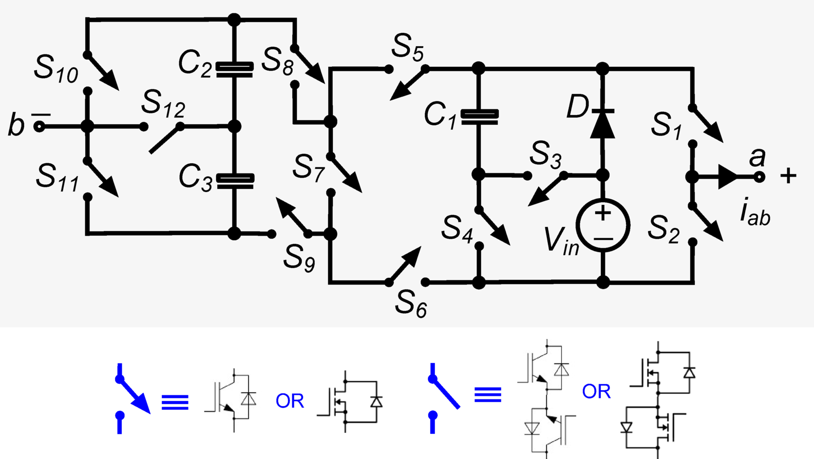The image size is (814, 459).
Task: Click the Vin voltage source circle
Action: tap(602, 225)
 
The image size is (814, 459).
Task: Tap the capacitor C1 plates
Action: tap(479, 117)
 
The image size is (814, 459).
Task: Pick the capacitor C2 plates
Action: tap(235, 69)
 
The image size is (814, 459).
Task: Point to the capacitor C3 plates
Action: tap(235, 181)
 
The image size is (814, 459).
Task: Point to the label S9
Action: tap(299, 257)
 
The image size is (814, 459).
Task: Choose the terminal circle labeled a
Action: tap(759, 177)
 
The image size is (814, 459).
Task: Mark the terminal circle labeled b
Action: tap(39, 126)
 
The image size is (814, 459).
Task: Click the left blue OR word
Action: tap(290, 401)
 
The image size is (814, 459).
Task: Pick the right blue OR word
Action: tap(596, 392)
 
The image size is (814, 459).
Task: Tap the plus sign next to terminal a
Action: tap(788, 176)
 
